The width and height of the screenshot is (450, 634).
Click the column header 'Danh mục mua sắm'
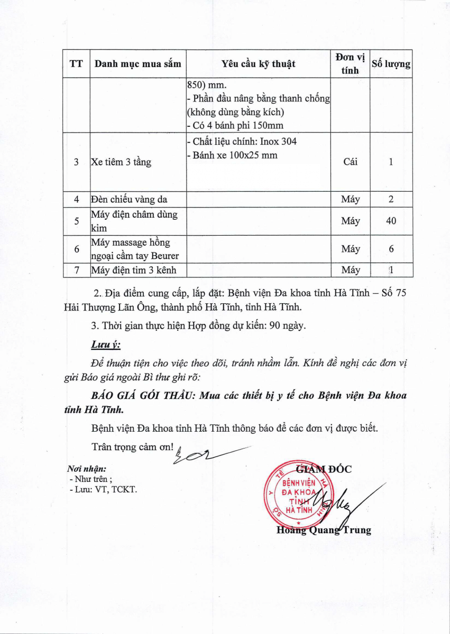[137, 64]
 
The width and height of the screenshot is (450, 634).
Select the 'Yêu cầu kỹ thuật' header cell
[258, 64]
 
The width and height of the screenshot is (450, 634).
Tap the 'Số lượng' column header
[391, 64]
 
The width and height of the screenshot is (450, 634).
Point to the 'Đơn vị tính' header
[350, 63]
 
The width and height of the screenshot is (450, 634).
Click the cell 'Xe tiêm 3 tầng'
[121, 162]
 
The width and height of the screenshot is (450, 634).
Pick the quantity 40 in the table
[391, 221]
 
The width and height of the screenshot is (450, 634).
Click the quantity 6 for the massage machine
[391, 249]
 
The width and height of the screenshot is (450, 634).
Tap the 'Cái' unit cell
[350, 162]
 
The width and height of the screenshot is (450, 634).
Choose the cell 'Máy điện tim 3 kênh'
[133, 270]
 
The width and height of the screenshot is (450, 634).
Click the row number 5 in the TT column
[77, 221]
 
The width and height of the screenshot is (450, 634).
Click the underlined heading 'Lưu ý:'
[106, 345]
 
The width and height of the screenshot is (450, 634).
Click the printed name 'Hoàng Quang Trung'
[324, 530]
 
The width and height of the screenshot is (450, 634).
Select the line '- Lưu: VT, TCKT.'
[103, 490]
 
